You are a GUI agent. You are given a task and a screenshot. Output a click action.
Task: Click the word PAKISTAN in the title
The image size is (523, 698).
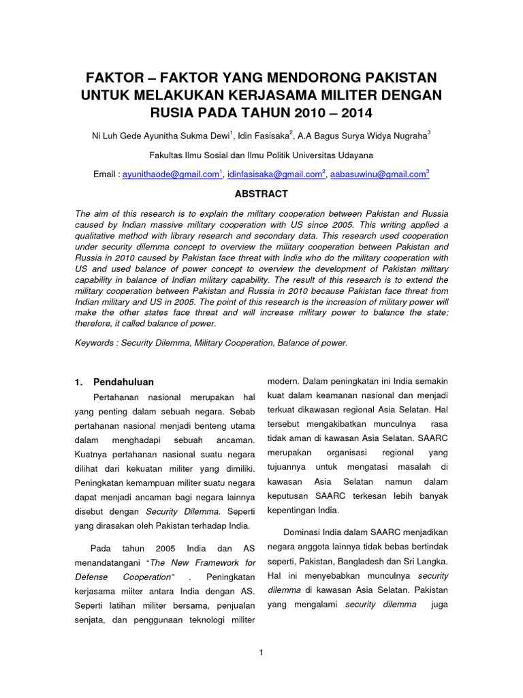[394, 77]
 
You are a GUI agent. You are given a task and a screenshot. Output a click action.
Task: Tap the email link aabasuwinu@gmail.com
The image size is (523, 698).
[377, 175]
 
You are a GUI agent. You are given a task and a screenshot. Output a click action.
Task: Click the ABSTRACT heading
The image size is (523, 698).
[261, 194]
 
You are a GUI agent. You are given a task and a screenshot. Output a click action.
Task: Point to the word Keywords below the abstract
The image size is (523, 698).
[93, 343]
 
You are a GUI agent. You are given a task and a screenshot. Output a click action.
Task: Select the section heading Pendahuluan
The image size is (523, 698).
[123, 382]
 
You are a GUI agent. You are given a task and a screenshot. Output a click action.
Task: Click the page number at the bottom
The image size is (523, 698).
[261, 653]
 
